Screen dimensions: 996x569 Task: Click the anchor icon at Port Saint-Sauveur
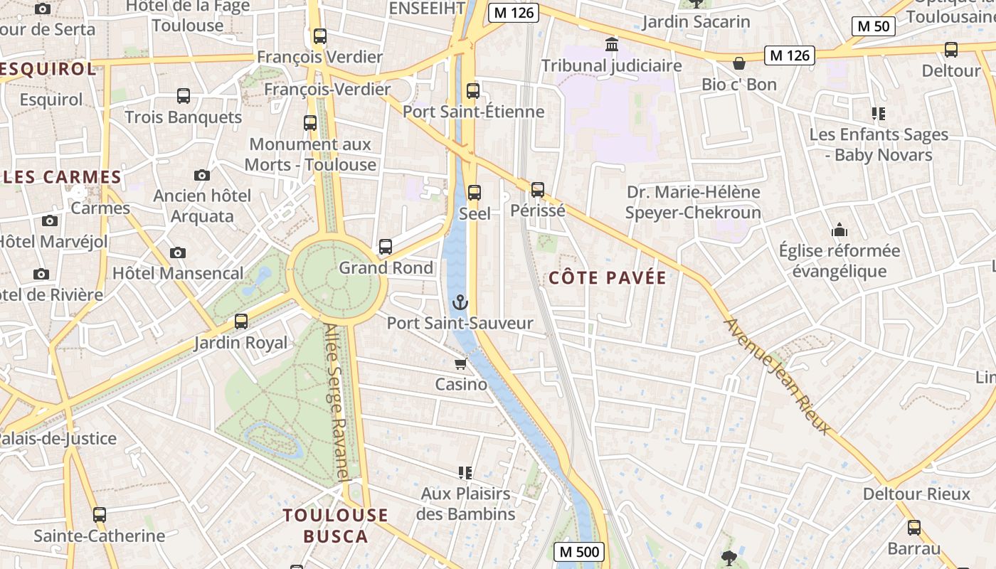tap(460, 303)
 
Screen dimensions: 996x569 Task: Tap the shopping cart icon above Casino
tap(460, 364)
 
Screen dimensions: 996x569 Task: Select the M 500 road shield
tap(578, 551)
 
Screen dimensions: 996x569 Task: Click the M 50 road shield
tap(873, 26)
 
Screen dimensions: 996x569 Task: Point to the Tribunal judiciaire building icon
tap(611, 46)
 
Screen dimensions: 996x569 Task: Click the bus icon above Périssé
tap(538, 190)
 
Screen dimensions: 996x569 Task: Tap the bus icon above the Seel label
tap(475, 193)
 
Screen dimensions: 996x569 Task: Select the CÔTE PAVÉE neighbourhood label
tap(608, 278)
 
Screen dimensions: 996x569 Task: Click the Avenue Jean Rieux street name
tap(776, 376)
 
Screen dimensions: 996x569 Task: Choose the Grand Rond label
tap(386, 268)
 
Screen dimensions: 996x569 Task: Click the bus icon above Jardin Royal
tap(241, 321)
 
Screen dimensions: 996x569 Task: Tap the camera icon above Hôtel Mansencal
tap(178, 252)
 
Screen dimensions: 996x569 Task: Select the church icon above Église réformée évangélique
tap(839, 230)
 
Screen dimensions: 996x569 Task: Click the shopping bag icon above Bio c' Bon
tap(739, 63)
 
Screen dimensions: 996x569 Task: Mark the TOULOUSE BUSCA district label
tap(336, 526)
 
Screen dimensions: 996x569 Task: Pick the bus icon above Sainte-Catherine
tap(100, 515)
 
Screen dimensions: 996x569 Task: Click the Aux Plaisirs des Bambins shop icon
tap(465, 472)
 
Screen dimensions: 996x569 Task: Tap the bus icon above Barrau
tap(914, 528)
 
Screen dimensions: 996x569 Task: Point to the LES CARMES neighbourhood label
tap(63, 177)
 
